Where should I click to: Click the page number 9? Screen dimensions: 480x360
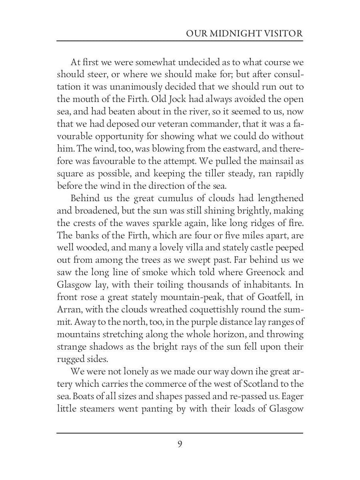coord(180,444)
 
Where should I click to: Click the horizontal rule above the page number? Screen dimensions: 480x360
coord(180,433)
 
